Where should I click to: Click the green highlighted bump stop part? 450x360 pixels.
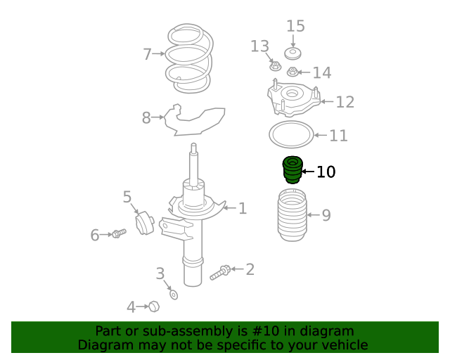[x=292, y=170]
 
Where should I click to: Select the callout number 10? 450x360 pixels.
[x=326, y=172]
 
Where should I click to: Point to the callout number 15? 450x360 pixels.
[x=295, y=26]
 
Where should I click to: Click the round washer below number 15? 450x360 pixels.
[x=292, y=53]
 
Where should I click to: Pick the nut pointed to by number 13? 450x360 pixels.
[x=275, y=67]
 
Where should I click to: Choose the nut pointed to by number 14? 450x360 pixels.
[x=292, y=72]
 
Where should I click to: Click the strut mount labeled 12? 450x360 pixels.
[x=294, y=98]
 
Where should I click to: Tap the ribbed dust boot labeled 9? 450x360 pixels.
[x=292, y=214]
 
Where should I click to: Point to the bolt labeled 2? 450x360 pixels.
[x=220, y=273]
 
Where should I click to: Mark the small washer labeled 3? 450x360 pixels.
[x=174, y=295]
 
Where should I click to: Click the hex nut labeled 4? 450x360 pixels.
[x=154, y=307]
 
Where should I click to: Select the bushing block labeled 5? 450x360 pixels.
[x=145, y=223]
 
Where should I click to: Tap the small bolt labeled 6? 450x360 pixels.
[x=119, y=233]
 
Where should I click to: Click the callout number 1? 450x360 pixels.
[x=243, y=208]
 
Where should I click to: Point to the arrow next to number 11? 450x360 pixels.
[x=321, y=135]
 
